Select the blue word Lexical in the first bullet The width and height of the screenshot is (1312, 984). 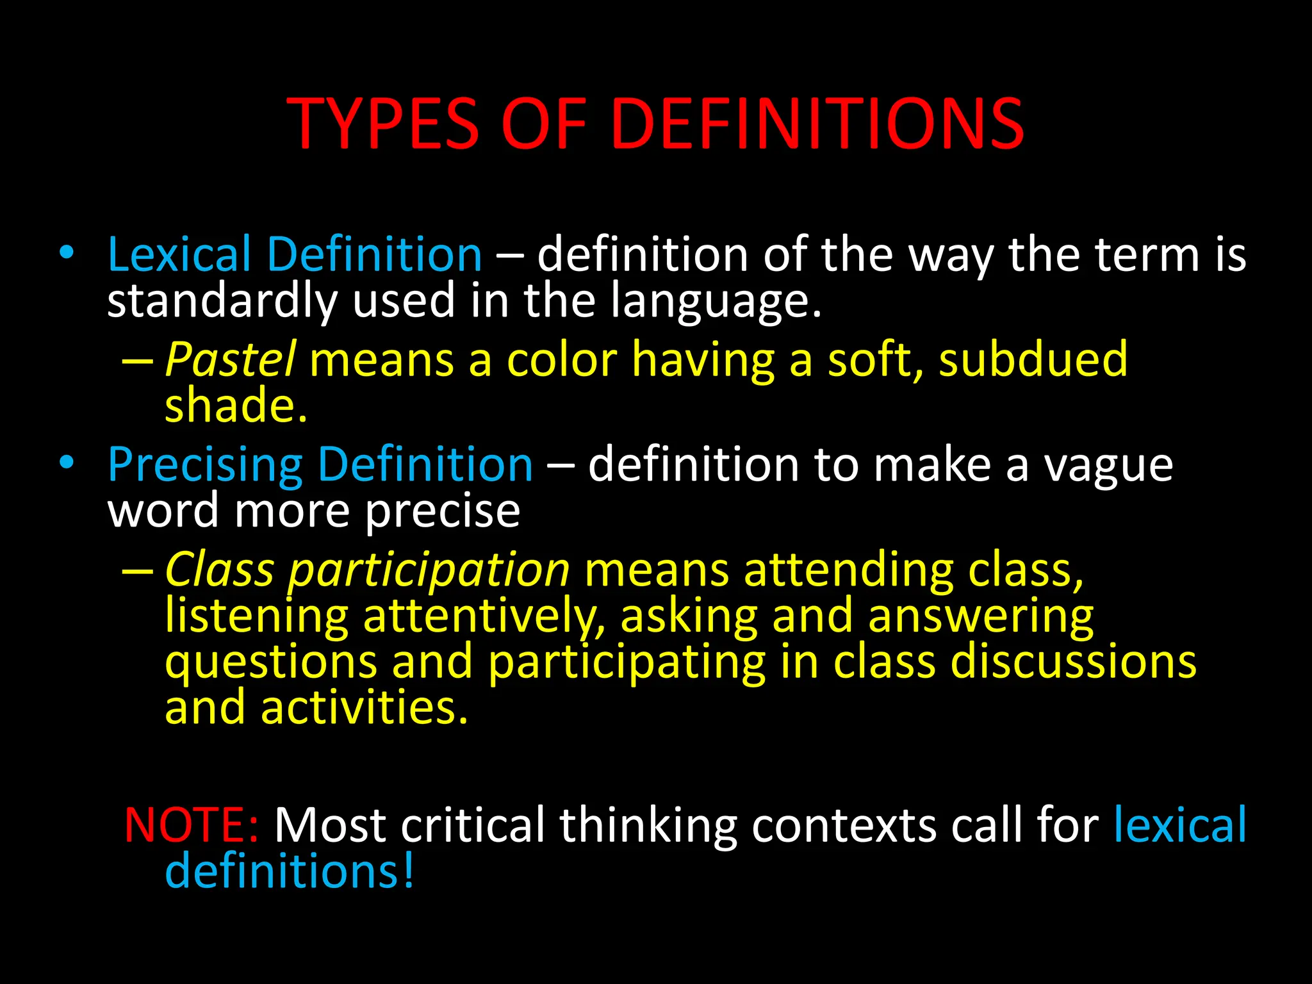[179, 255]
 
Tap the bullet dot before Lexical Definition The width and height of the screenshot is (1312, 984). [66, 252]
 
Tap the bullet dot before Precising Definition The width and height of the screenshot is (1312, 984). [66, 463]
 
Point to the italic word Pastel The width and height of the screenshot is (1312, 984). [230, 359]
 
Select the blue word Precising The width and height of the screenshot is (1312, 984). [204, 466]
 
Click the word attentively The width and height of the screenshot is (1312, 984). [484, 616]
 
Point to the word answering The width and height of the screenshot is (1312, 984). [981, 616]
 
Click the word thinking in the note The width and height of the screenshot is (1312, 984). [648, 825]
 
